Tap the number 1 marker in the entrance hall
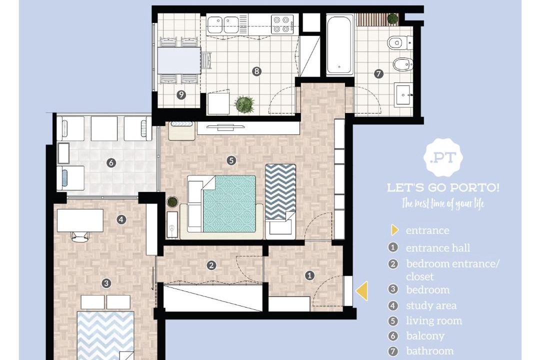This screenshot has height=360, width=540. click(x=309, y=275)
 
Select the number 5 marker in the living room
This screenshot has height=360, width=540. click(x=231, y=160)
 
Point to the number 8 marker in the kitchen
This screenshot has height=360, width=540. click(x=256, y=71)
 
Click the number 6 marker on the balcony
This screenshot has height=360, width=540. click(x=111, y=162)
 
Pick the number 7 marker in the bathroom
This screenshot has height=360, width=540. click(x=378, y=73)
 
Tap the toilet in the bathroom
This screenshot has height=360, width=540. click(x=399, y=43)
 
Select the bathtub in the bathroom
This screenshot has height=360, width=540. click(x=339, y=45)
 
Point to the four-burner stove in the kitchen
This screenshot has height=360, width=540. click(x=282, y=24)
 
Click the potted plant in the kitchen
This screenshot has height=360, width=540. click(x=244, y=104)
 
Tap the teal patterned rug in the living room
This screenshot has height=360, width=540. click(x=229, y=203)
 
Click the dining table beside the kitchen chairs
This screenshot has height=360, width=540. click(x=179, y=60)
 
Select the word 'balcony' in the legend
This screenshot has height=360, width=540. click(x=425, y=336)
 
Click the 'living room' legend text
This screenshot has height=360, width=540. click(x=434, y=320)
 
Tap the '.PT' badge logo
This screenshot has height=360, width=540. click(x=443, y=158)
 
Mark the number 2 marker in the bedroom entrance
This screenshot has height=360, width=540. click(x=211, y=265)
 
